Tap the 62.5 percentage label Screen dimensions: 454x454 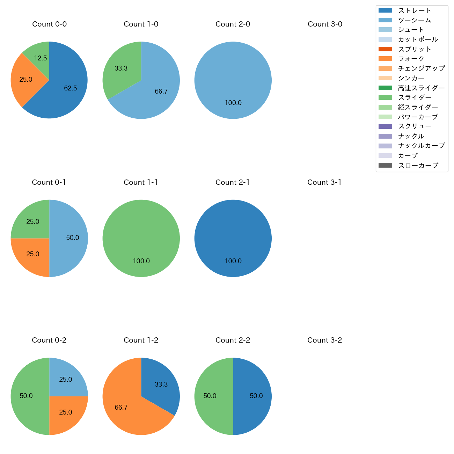coord(71,88)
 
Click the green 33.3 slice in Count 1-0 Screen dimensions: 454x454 coord(120,68)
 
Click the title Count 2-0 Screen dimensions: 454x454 coord(233,24)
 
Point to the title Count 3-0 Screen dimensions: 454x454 coord(325,24)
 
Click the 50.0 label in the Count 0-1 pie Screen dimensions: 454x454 coord(73,238)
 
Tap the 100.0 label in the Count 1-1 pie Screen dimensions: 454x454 coord(141,261)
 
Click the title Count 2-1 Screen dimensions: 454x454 coord(233,182)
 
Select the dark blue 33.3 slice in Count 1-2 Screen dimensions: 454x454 coord(161,384)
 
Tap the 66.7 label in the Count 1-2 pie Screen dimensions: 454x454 coord(121,408)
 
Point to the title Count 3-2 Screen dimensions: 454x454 coord(324,340)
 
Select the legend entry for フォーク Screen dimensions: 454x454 coord(411,59)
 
